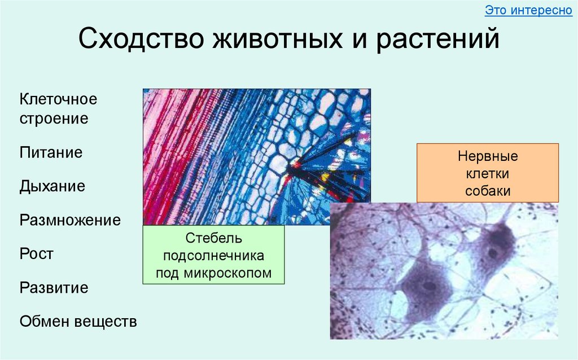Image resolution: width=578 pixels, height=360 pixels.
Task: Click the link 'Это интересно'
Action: coord(528,11)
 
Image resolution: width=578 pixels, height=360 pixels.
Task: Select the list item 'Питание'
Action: coord(51,152)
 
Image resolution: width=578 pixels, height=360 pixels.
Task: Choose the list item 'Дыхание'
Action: coord(52,186)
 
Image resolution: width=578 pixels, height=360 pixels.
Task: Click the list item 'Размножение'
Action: coord(71,220)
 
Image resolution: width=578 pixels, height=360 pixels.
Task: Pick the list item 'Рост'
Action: coord(37,254)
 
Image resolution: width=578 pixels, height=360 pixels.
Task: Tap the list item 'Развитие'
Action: coord(54,288)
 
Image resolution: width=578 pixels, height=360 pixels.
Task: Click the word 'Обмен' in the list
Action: coord(45,322)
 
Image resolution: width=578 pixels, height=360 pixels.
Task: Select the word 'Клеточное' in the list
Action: coord(59,99)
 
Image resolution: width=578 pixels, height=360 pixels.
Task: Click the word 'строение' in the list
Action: coord(54,118)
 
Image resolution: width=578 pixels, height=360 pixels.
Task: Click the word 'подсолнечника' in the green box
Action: coord(213,255)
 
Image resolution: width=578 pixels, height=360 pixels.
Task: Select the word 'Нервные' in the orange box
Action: coord(488,156)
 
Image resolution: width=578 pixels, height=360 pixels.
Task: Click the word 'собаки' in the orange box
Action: coord(488,191)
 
